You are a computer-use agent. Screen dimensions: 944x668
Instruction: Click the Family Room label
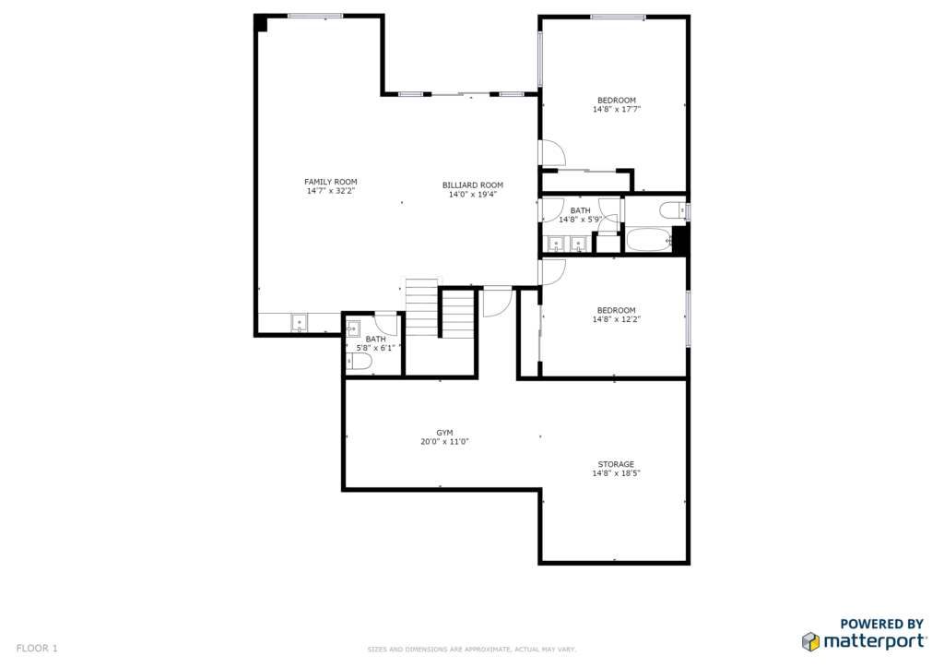(x=331, y=182)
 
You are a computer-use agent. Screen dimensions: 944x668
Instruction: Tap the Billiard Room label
(x=473, y=185)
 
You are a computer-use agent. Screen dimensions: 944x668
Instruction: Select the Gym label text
(x=445, y=433)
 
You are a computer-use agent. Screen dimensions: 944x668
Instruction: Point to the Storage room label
(x=616, y=464)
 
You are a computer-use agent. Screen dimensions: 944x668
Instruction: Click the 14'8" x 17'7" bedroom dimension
(x=617, y=110)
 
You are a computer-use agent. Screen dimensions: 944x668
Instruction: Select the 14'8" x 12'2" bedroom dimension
(x=617, y=319)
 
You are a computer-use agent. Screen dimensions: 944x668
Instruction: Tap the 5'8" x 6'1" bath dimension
(x=376, y=348)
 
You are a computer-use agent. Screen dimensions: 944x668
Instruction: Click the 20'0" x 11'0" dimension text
(x=445, y=442)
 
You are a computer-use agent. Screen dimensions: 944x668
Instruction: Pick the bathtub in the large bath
(x=649, y=240)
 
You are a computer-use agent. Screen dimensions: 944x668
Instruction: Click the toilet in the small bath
(x=359, y=362)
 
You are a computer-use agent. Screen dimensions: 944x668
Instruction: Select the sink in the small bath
(x=353, y=328)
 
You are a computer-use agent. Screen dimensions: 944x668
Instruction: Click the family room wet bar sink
(x=300, y=323)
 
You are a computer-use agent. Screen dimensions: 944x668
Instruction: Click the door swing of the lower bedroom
(x=553, y=272)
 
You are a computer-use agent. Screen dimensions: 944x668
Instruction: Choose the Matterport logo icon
(x=810, y=641)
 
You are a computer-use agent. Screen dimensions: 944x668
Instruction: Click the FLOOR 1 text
(x=37, y=649)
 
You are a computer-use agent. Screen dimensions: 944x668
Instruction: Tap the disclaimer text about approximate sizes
(x=471, y=650)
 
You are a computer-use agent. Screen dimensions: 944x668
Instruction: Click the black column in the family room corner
(x=261, y=24)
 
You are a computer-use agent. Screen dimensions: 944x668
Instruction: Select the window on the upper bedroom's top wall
(x=618, y=17)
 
